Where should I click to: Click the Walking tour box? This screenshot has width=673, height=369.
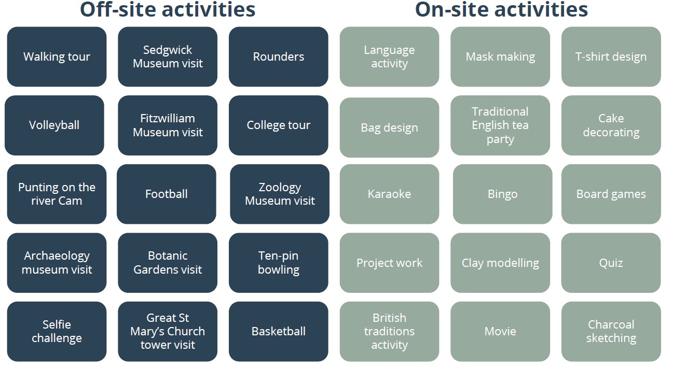(57, 56)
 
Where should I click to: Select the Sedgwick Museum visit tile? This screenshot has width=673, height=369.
(168, 56)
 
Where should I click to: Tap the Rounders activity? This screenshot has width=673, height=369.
(279, 56)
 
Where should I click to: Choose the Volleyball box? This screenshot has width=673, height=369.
(54, 125)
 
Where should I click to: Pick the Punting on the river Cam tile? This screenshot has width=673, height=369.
(57, 194)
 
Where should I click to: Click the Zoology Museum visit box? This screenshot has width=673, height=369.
(280, 194)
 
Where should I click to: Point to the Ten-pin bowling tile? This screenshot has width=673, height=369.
(279, 263)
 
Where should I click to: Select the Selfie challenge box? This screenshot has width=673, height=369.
(57, 332)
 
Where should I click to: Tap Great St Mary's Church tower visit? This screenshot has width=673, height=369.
(168, 332)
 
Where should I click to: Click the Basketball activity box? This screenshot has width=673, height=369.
(279, 332)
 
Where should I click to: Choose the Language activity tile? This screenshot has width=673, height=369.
(389, 56)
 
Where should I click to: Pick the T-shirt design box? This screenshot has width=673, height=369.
(611, 56)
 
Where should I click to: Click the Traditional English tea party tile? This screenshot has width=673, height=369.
(500, 125)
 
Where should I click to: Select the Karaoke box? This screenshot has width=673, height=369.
(389, 194)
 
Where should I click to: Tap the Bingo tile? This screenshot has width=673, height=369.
(503, 194)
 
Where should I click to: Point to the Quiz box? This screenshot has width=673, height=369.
(611, 263)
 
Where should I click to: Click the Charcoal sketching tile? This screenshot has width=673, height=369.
(611, 332)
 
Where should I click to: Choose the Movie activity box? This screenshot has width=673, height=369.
(500, 332)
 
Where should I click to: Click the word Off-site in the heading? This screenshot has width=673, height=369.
(118, 9)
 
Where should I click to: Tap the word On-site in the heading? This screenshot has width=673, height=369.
(452, 9)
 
